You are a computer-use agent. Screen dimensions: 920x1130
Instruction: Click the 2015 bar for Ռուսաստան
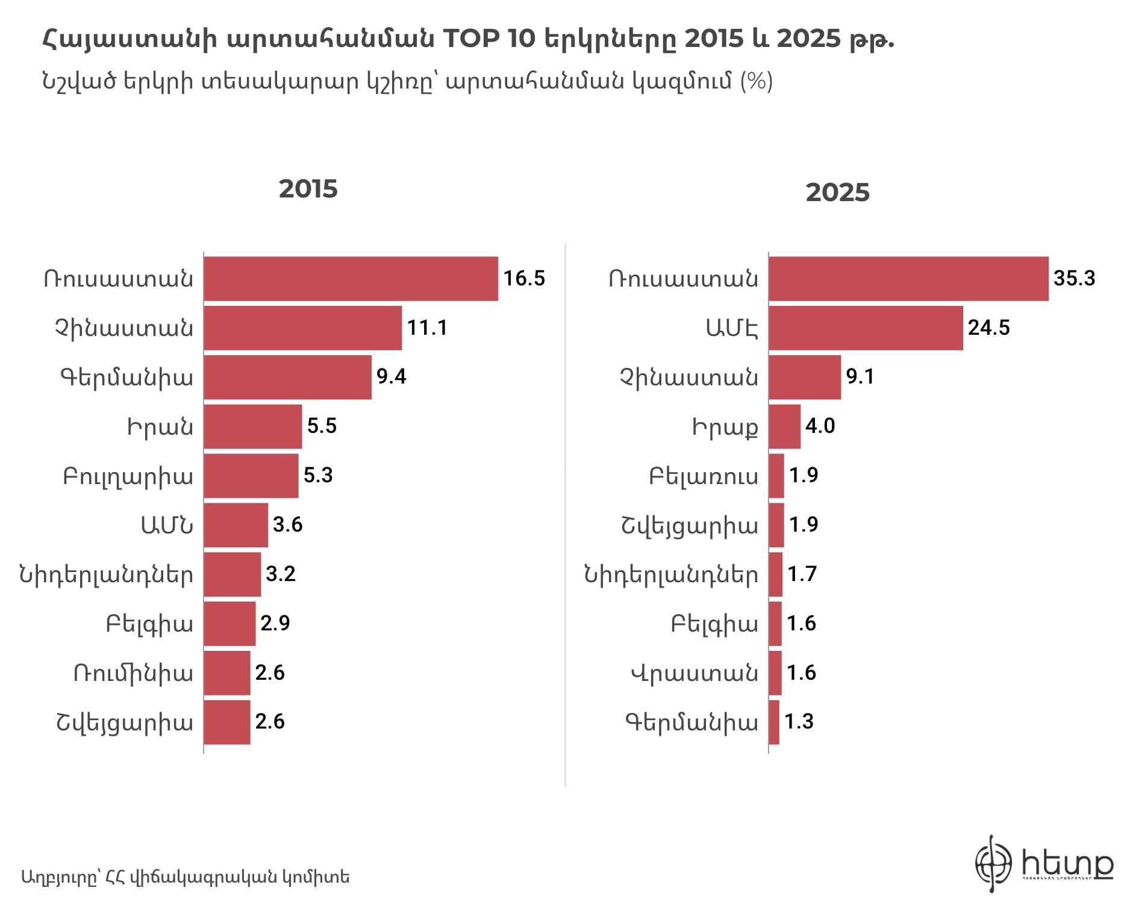(351, 279)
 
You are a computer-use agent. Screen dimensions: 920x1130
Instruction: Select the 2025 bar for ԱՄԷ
(866, 328)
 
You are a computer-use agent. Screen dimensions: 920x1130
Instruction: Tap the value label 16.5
(524, 279)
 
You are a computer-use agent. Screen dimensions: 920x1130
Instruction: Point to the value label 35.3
(1074, 279)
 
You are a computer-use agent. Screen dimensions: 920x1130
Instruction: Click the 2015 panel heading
(308, 189)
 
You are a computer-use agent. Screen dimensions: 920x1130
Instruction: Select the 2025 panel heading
(837, 193)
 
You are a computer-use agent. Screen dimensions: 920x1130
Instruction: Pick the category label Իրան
(160, 427)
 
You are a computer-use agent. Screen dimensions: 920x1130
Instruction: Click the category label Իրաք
(725, 427)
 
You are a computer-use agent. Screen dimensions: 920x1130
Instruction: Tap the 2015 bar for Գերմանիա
(287, 378)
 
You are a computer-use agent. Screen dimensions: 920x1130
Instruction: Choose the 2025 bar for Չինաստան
(805, 378)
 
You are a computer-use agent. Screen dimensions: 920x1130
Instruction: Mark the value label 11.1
(427, 328)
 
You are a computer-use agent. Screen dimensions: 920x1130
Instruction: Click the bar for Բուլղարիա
(251, 476)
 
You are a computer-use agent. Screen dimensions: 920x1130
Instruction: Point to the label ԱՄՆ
(167, 526)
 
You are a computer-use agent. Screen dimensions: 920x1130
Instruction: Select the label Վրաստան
(695, 673)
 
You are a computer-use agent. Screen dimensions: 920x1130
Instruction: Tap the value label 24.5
(988, 328)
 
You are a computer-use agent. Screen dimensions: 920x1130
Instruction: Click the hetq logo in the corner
(1044, 863)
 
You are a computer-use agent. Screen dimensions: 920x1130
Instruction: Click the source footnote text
(185, 877)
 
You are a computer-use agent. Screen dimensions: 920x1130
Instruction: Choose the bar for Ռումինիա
(226, 673)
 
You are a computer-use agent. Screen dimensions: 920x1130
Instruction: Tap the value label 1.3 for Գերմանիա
(799, 722)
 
